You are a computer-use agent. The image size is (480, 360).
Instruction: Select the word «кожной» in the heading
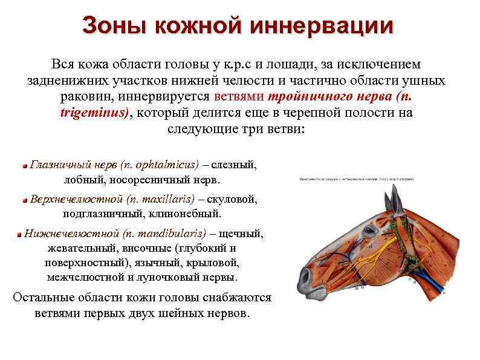click(195, 26)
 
